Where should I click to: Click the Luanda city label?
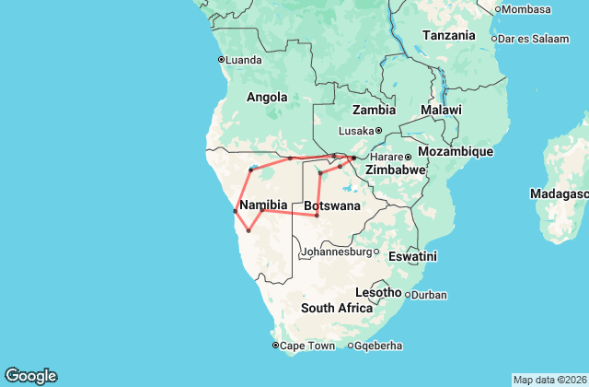click(244, 60)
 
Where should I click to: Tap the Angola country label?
click(267, 97)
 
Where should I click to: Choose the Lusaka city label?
click(355, 130)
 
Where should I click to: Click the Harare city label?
click(387, 157)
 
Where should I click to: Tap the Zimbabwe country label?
click(395, 170)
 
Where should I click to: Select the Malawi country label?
click(441, 110)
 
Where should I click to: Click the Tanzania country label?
click(449, 35)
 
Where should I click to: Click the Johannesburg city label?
click(337, 251)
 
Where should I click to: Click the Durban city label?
click(428, 296)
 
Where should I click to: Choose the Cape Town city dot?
click(275, 346)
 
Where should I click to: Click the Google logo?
click(30, 376)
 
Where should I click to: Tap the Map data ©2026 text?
click(549, 380)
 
